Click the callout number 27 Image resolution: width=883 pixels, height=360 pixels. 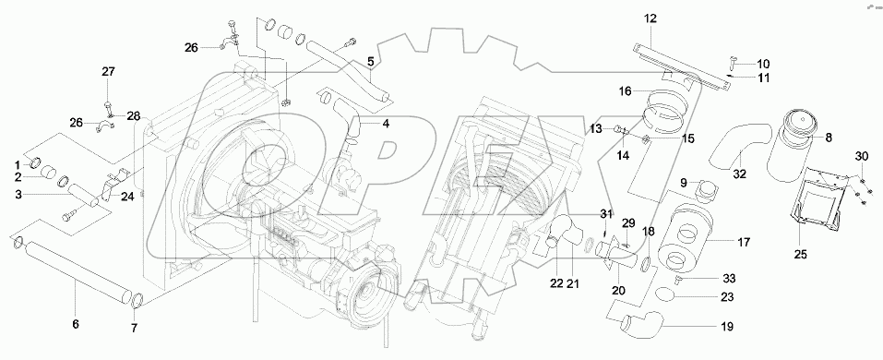[108, 72]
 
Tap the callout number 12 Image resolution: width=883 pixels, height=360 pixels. [650, 18]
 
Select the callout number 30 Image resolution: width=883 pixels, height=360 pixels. [861, 155]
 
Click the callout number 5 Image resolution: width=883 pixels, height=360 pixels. [370, 63]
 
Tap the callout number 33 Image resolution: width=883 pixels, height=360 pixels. [728, 278]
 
